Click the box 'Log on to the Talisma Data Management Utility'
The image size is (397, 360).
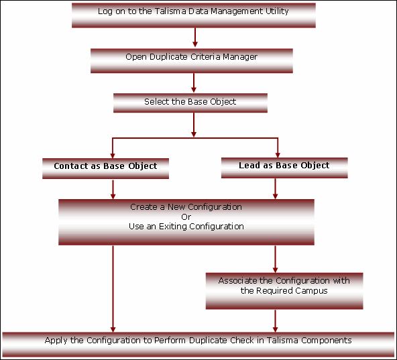194,15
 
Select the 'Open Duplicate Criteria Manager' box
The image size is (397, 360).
192,61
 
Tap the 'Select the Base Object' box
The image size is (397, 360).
190,103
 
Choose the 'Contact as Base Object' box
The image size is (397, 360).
105,169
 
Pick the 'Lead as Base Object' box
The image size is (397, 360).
284,168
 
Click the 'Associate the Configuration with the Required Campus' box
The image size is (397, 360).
284,291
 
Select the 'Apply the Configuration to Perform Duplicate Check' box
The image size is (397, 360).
198,345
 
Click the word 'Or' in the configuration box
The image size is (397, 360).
186,217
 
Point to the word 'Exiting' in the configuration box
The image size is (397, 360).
173,227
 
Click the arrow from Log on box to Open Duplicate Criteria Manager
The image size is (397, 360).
195,38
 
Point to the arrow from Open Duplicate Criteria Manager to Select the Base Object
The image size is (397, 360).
194,82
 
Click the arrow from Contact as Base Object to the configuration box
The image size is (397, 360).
113,189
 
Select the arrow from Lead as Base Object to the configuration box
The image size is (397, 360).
275,188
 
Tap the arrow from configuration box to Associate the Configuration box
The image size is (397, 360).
275,259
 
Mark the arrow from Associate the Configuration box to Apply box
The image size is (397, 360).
275,320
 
